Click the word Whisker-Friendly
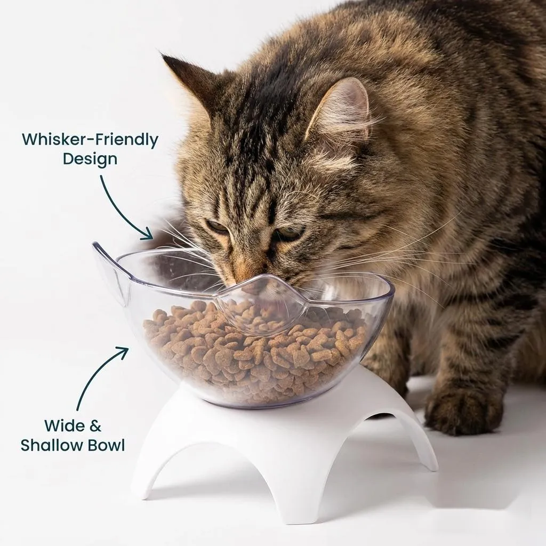click(90, 140)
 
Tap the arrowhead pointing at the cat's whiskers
click(148, 234)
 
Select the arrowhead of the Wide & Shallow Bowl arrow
click(122, 352)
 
